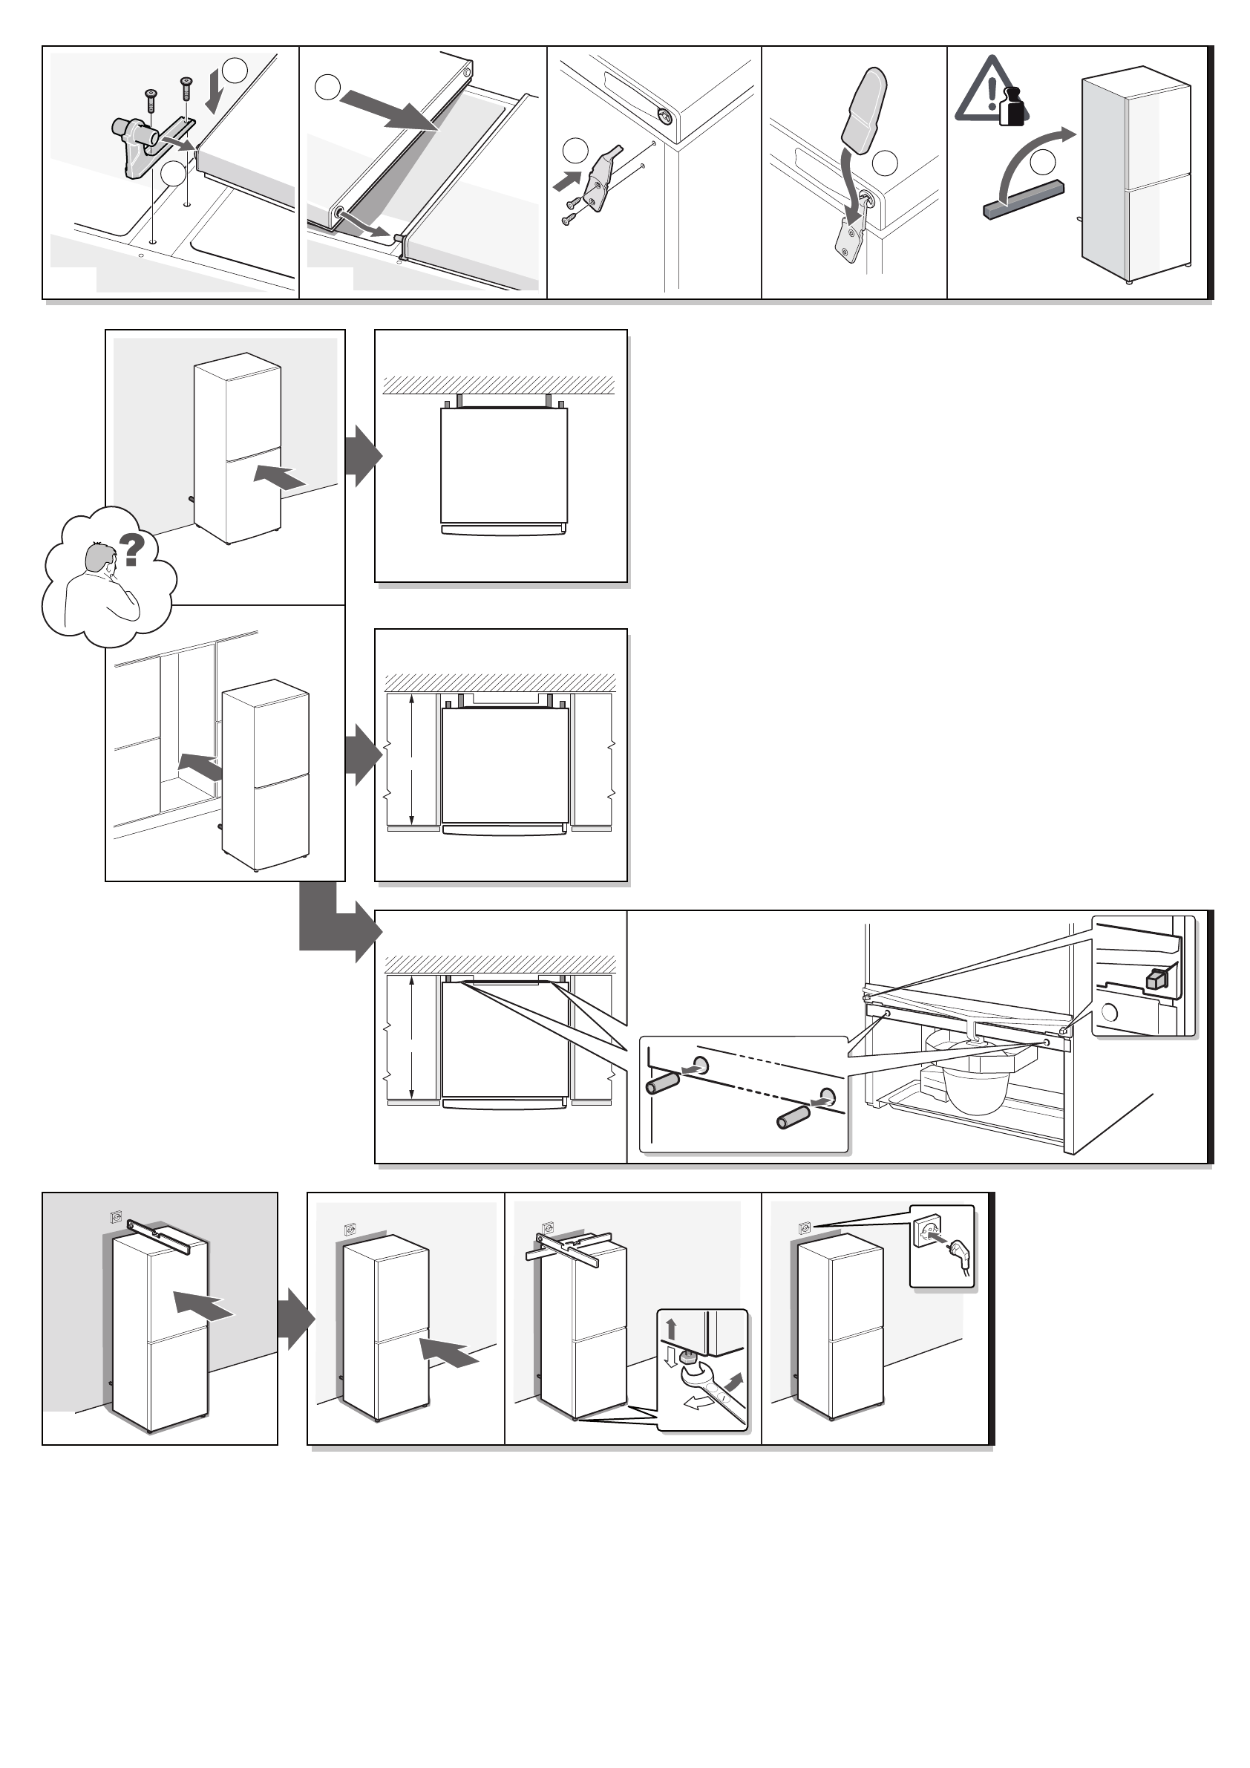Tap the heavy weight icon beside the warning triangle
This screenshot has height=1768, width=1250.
1013,106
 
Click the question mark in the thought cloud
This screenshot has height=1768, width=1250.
131,549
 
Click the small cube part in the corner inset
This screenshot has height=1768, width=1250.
1157,979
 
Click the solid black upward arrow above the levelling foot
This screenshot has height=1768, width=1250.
671,1328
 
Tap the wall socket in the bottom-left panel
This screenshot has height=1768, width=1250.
117,1218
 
